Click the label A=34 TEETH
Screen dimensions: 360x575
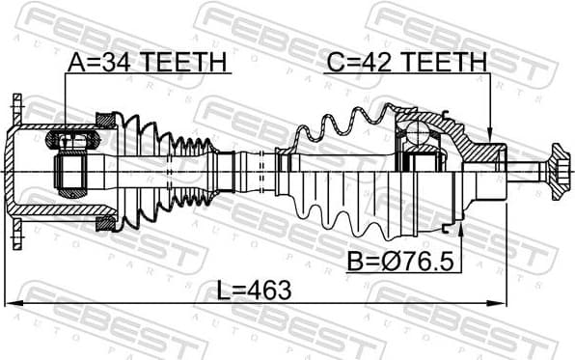tap(147, 63)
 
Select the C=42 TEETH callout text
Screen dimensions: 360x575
tap(406, 63)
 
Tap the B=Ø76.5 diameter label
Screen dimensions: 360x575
tap(398, 262)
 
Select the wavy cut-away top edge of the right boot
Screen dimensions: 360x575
tap(338, 121)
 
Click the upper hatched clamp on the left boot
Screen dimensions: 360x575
tap(105, 119)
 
